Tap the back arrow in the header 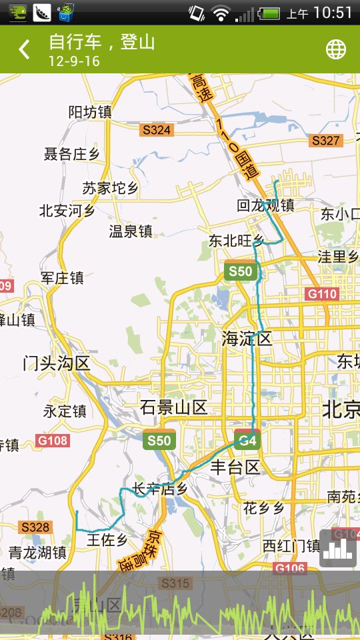[25, 49]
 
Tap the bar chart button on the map [338, 548]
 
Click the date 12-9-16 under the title [74, 61]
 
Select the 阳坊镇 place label [90, 113]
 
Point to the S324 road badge [157, 130]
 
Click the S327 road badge [325, 141]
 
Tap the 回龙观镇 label [265, 205]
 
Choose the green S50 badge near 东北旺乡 [240, 271]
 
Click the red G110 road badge [322, 294]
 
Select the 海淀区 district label [247, 339]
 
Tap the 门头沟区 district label [56, 363]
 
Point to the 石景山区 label [173, 407]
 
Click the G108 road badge [52, 441]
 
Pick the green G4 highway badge [247, 441]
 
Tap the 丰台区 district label [235, 467]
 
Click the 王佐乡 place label [107, 539]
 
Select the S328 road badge [35, 527]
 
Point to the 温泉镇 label [131, 231]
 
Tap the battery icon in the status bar [269, 13]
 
